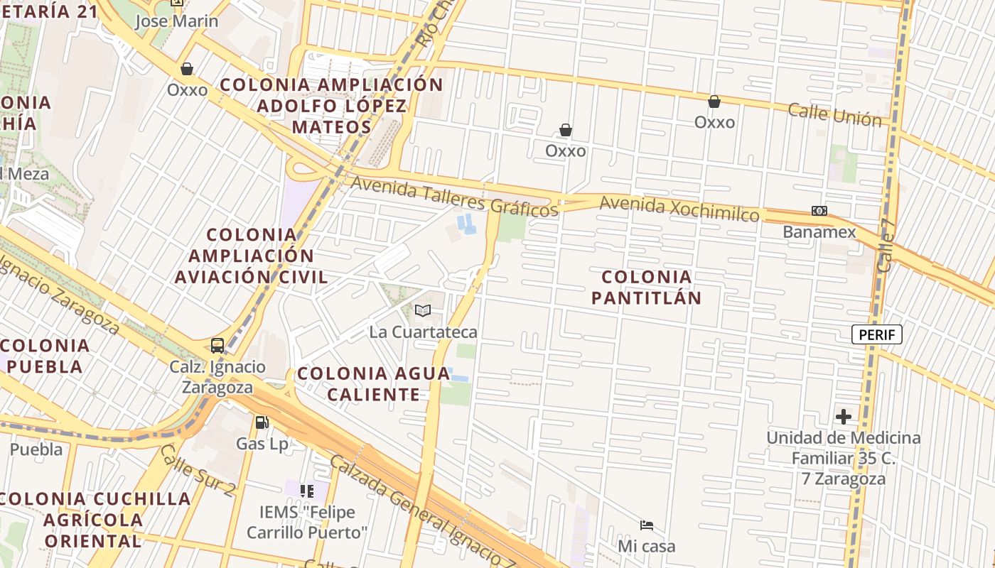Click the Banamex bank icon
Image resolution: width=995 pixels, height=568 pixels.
pyautogui.click(x=819, y=211)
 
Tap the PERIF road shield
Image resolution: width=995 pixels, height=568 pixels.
pyautogui.click(x=877, y=334)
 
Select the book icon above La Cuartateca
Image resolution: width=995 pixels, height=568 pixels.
pyautogui.click(x=423, y=310)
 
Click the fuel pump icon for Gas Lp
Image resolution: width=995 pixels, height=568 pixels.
pyautogui.click(x=262, y=422)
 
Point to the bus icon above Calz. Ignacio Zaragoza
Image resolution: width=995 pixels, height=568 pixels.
pyautogui.click(x=217, y=346)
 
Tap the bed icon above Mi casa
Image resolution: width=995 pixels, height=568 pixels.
pyautogui.click(x=647, y=525)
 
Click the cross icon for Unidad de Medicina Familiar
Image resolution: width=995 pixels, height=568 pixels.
pyautogui.click(x=844, y=416)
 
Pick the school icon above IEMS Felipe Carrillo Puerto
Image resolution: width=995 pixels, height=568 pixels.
pyautogui.click(x=307, y=491)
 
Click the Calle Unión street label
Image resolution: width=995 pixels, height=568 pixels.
pyautogui.click(x=834, y=114)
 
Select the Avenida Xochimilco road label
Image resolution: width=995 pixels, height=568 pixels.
pyautogui.click(x=679, y=209)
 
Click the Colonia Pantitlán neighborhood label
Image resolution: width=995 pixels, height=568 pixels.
pyautogui.click(x=646, y=287)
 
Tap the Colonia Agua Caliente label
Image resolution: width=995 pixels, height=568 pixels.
pyautogui.click(x=373, y=383)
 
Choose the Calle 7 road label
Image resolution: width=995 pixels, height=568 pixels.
pyautogui.click(x=888, y=245)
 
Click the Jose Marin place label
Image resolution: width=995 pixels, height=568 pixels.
pyautogui.click(x=177, y=21)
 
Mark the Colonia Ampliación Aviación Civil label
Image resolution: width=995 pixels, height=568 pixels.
pyautogui.click(x=252, y=256)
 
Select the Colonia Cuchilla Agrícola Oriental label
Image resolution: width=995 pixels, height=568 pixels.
pyautogui.click(x=95, y=520)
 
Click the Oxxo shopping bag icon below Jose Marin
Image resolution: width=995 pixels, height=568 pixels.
pyautogui.click(x=187, y=69)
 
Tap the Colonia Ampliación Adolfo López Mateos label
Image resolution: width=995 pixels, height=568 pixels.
pyautogui.click(x=331, y=106)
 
